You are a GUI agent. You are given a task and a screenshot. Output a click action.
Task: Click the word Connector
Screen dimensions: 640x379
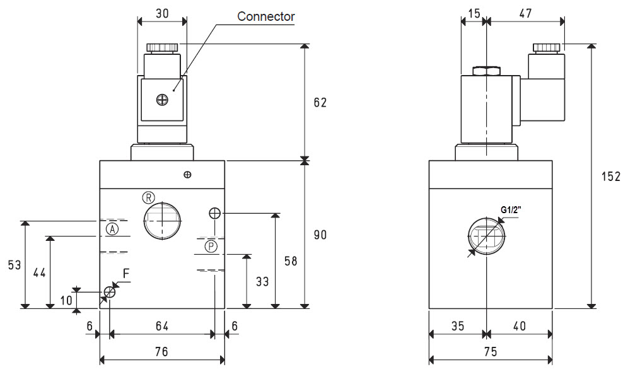click(x=265, y=16)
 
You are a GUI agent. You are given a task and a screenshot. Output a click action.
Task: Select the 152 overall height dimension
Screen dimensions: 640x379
click(x=610, y=177)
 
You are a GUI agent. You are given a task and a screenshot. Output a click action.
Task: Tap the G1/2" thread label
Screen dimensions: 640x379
click(x=511, y=210)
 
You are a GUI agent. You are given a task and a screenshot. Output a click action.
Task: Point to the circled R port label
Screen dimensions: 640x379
click(x=149, y=197)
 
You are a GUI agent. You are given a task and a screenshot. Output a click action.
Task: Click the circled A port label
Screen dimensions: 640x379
click(x=112, y=229)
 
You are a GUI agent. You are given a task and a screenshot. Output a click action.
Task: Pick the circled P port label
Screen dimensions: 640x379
click(x=211, y=247)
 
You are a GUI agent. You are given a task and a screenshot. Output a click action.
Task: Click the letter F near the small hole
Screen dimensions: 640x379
click(x=126, y=274)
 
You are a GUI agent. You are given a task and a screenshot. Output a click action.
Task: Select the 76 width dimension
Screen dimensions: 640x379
click(x=161, y=352)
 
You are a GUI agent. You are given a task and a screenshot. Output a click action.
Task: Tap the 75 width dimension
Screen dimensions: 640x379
click(x=491, y=352)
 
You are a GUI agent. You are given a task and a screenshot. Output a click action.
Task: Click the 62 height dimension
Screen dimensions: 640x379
click(x=320, y=103)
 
